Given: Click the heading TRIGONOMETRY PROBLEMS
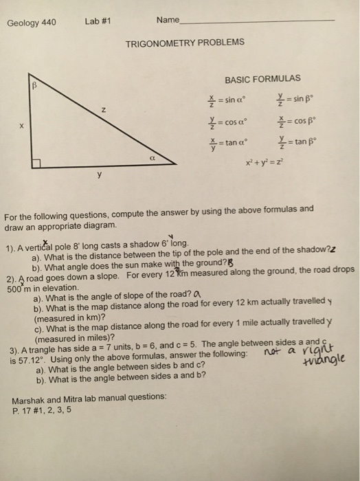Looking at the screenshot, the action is point(185,43).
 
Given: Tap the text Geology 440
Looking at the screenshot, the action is point(32,21).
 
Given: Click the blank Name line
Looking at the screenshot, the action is point(258,22).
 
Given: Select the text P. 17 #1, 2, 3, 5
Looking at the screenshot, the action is point(42,410).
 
